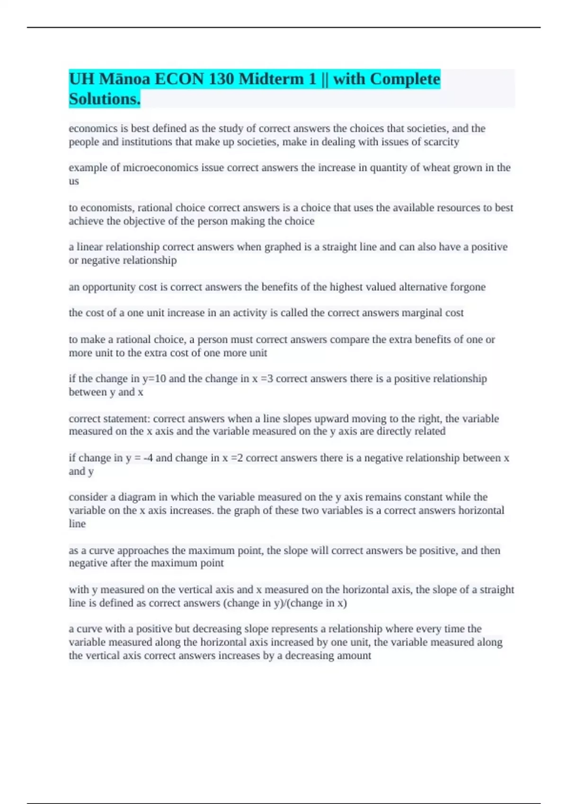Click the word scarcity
click(440, 142)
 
